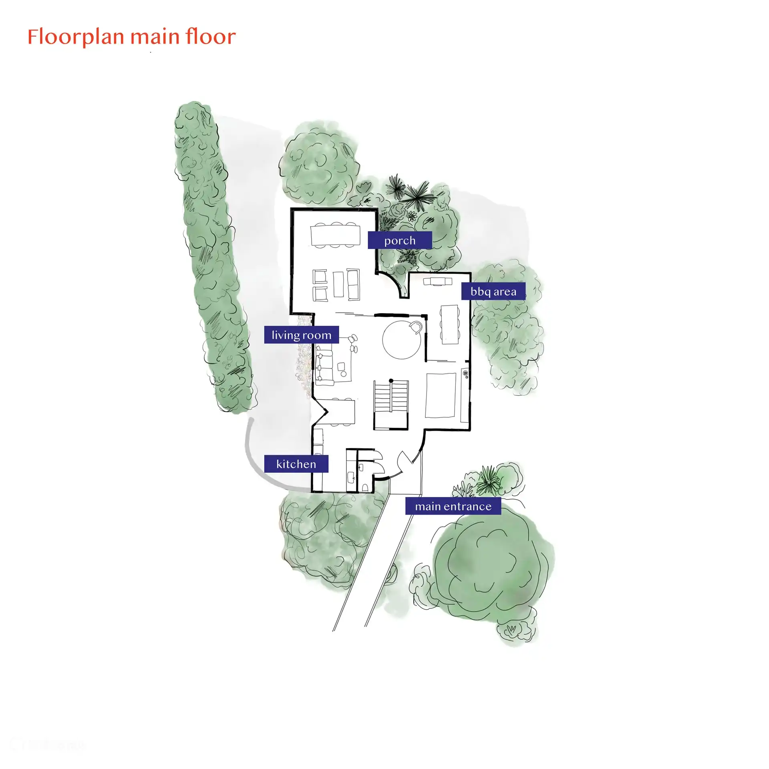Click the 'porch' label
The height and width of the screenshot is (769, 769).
tap(400, 240)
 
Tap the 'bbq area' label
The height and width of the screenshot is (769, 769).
tap(493, 291)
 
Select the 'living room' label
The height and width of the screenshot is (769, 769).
tap(301, 335)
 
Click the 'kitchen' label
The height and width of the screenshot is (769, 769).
tap(296, 464)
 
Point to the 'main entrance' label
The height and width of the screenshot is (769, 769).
tap(453, 506)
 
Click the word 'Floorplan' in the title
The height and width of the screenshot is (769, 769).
tap(76, 37)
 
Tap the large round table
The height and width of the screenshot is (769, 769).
tap(401, 340)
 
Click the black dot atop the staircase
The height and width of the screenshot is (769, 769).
tap(391, 381)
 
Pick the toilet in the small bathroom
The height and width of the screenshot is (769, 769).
tap(365, 487)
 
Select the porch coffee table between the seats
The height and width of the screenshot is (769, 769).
tap(338, 284)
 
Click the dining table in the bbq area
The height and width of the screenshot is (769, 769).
tap(450, 324)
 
